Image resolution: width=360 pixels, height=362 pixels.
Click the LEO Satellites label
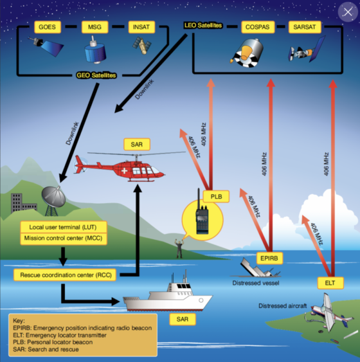click(204, 25)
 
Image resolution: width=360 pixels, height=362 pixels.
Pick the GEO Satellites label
click(96, 75)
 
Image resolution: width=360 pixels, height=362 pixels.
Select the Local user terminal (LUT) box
click(64, 227)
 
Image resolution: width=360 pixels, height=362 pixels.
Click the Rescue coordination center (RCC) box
click(64, 275)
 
